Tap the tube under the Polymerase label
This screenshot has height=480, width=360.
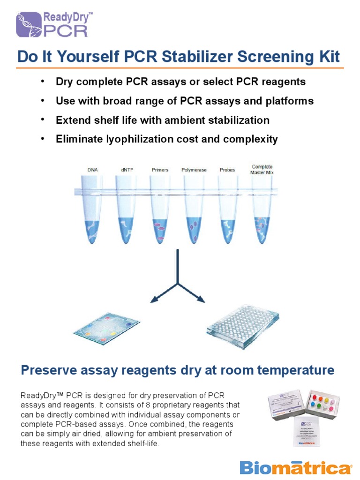[x=193, y=216]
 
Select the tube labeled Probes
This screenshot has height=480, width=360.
[x=227, y=216]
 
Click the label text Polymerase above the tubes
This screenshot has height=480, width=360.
[x=194, y=170]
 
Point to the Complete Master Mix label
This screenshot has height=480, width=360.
[x=262, y=169]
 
